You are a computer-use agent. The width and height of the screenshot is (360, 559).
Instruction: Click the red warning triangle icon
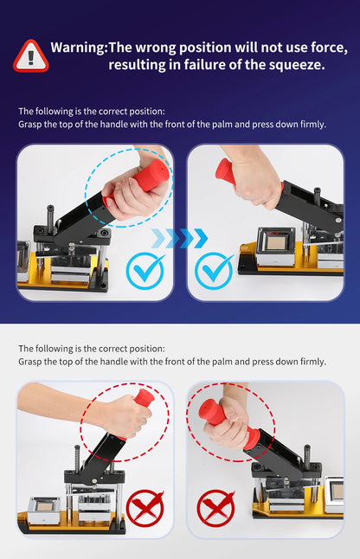pyautogui.click(x=31, y=55)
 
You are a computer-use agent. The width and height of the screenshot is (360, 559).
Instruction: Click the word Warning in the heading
pyautogui.click(x=77, y=48)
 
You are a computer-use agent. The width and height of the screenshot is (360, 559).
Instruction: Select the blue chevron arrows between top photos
pyautogui.click(x=179, y=238)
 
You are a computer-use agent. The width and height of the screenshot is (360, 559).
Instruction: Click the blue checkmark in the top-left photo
pyautogui.click(x=145, y=271)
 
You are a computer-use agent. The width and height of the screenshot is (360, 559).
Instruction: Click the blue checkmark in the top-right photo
pyautogui.click(x=213, y=271)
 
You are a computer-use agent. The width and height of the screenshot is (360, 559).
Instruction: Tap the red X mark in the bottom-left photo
pyautogui.click(x=145, y=508)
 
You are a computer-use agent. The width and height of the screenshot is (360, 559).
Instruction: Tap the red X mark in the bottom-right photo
pyautogui.click(x=215, y=508)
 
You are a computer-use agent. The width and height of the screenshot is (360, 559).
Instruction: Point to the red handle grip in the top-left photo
pyautogui.click(x=149, y=177)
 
